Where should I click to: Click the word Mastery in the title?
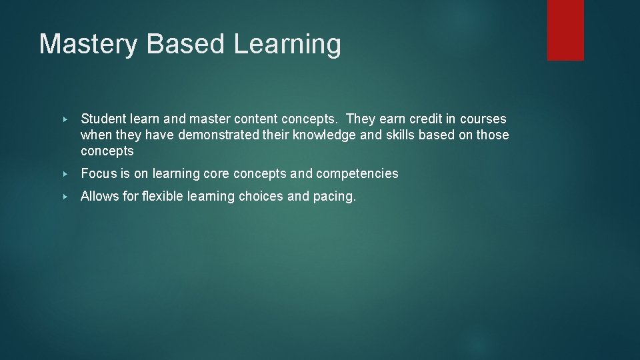click(88, 45)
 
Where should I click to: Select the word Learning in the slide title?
click(287, 45)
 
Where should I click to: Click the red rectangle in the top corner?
click(565, 30)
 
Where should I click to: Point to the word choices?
click(262, 197)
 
